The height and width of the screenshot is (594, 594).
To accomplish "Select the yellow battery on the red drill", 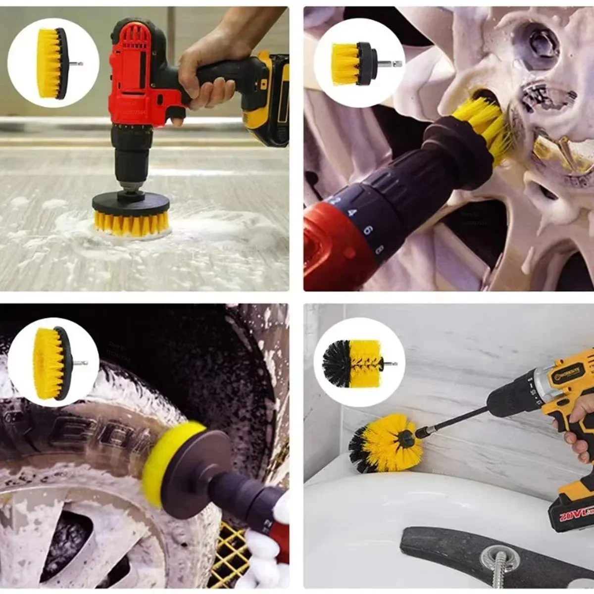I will (270, 99).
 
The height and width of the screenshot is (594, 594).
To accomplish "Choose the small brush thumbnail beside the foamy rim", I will (359, 61).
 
